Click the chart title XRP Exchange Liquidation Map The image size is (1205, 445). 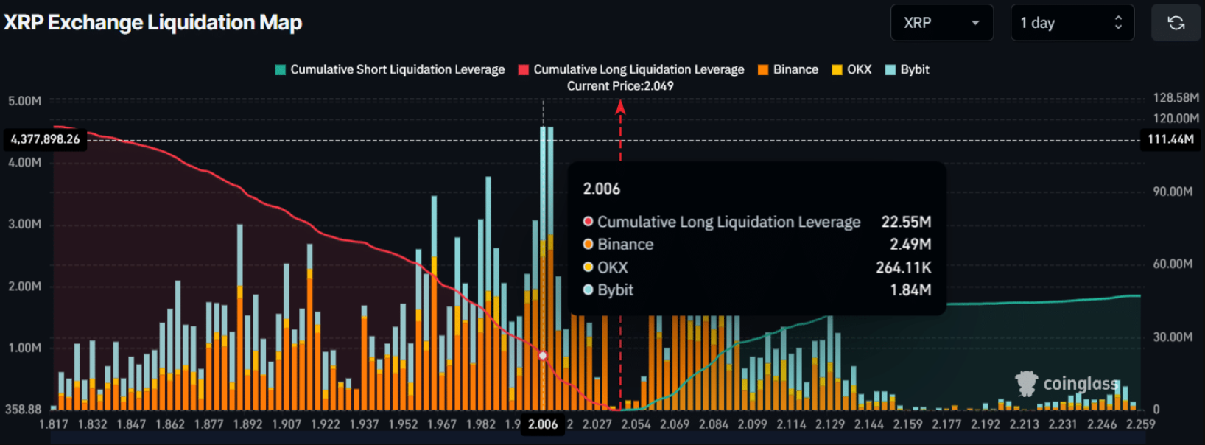point(153,23)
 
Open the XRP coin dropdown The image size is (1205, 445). point(941,23)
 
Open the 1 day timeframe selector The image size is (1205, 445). point(1072,23)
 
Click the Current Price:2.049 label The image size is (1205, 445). point(620,86)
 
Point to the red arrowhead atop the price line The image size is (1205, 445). point(620,108)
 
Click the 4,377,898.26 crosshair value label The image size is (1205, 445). point(46,139)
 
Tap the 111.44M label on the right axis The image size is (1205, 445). point(1170,139)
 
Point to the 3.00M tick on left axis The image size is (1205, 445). point(25,224)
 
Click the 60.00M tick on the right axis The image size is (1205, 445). point(1173,264)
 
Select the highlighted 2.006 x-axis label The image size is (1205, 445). point(543,424)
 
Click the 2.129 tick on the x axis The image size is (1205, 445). point(830,424)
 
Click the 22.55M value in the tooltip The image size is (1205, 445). point(906,222)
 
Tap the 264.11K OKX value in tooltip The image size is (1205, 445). point(903,267)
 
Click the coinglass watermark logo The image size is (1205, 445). point(1069,384)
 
